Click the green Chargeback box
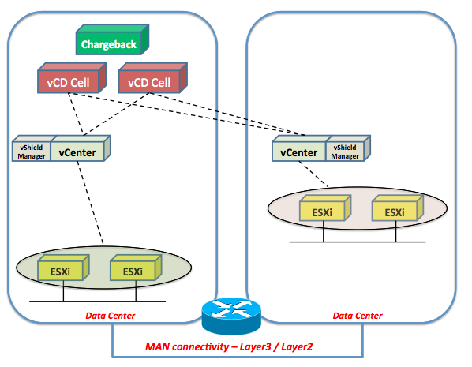pyautogui.click(x=112, y=39)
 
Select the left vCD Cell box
pyautogui.click(x=72, y=78)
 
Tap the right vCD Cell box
pyautogui.click(x=153, y=78)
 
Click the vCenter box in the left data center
pyautogui.click(x=81, y=148)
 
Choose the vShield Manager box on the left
pyautogui.click(x=32, y=148)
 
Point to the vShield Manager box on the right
pyautogui.click(x=348, y=148)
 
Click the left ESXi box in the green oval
pyautogui.click(x=63, y=268)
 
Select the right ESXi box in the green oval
pyautogui.click(x=136, y=268)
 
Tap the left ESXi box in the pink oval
pyautogui.click(x=325, y=208)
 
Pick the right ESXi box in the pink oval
pyautogui.click(x=398, y=208)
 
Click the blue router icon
pyautogui.click(x=231, y=316)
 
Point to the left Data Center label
pyautogui.click(x=111, y=316)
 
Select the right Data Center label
pyautogui.click(x=358, y=316)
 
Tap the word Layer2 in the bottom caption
pyautogui.click(x=297, y=347)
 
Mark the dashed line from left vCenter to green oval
pyautogui.click(x=90, y=203)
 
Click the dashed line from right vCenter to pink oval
pyautogui.click(x=313, y=174)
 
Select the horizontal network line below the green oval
pyautogui.click(x=98, y=301)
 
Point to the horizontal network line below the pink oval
pyautogui.click(x=358, y=242)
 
